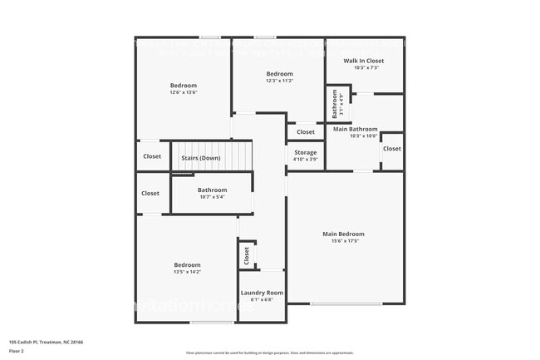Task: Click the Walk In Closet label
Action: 364,61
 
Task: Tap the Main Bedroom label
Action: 343,234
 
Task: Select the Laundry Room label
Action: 262,293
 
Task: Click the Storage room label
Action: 305,152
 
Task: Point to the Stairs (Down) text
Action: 200,158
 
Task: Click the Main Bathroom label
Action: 356,129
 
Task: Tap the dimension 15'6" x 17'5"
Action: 343,242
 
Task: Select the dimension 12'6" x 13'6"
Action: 184,92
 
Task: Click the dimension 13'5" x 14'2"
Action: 187,272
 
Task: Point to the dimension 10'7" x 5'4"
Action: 212,198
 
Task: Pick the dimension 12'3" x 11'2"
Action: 279,81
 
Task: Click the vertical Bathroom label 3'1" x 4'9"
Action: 336,105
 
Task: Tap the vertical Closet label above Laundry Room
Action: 246,256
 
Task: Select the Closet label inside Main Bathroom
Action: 391,149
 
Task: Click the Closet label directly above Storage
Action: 306,132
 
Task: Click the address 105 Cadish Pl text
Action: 46,342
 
